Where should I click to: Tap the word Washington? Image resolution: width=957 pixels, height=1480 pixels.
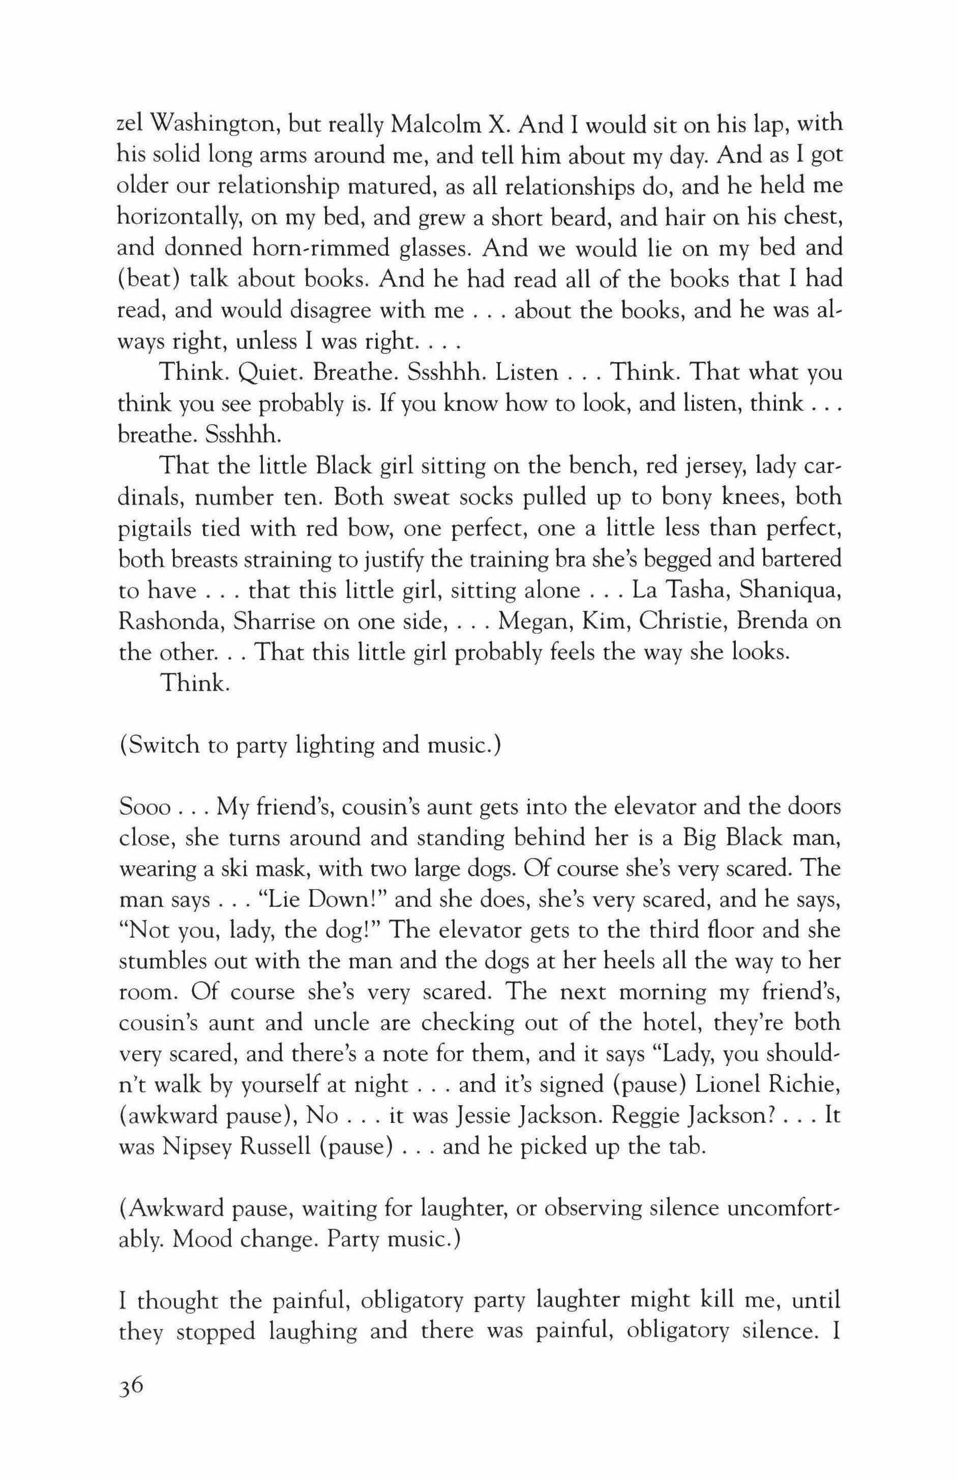(212, 124)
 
